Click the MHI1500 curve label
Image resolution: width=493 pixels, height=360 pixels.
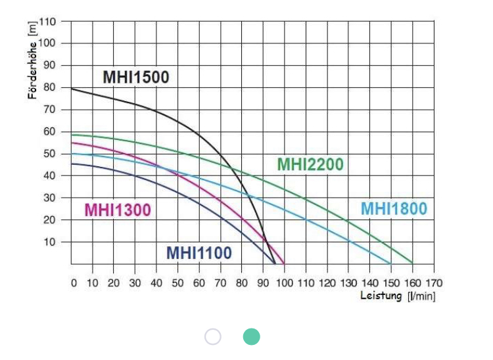click(x=136, y=77)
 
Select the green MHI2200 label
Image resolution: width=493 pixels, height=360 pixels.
click(x=310, y=164)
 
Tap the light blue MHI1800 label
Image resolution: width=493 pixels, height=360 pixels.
click(x=394, y=209)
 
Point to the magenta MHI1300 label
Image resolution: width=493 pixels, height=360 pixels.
click(x=118, y=210)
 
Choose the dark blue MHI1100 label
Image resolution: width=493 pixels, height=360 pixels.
click(x=199, y=252)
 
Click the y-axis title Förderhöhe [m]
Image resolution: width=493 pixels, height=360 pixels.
click(x=32, y=60)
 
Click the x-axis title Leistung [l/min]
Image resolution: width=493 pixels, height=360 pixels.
click(x=398, y=296)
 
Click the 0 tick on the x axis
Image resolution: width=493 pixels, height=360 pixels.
click(x=74, y=283)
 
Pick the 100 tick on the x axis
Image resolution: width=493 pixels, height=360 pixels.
click(x=285, y=283)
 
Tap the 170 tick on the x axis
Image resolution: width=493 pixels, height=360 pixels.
click(x=434, y=283)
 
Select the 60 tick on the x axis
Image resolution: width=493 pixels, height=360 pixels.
click(x=199, y=283)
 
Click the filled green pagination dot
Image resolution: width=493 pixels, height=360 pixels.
click(x=251, y=337)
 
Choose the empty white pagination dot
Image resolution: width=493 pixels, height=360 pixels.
click(x=213, y=337)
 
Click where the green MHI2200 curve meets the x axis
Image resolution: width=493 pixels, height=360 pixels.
click(x=413, y=263)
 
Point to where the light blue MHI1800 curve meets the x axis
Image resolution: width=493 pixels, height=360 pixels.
click(x=391, y=263)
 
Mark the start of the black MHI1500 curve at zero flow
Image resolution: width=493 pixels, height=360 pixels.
click(x=72, y=88)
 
